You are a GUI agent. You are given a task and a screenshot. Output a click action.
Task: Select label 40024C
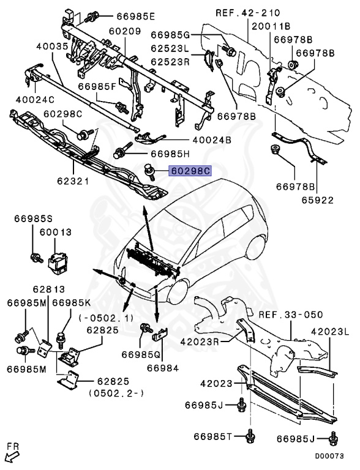34,99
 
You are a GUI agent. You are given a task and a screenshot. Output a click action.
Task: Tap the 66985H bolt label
171,154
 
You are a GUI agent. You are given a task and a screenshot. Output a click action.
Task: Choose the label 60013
56,233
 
